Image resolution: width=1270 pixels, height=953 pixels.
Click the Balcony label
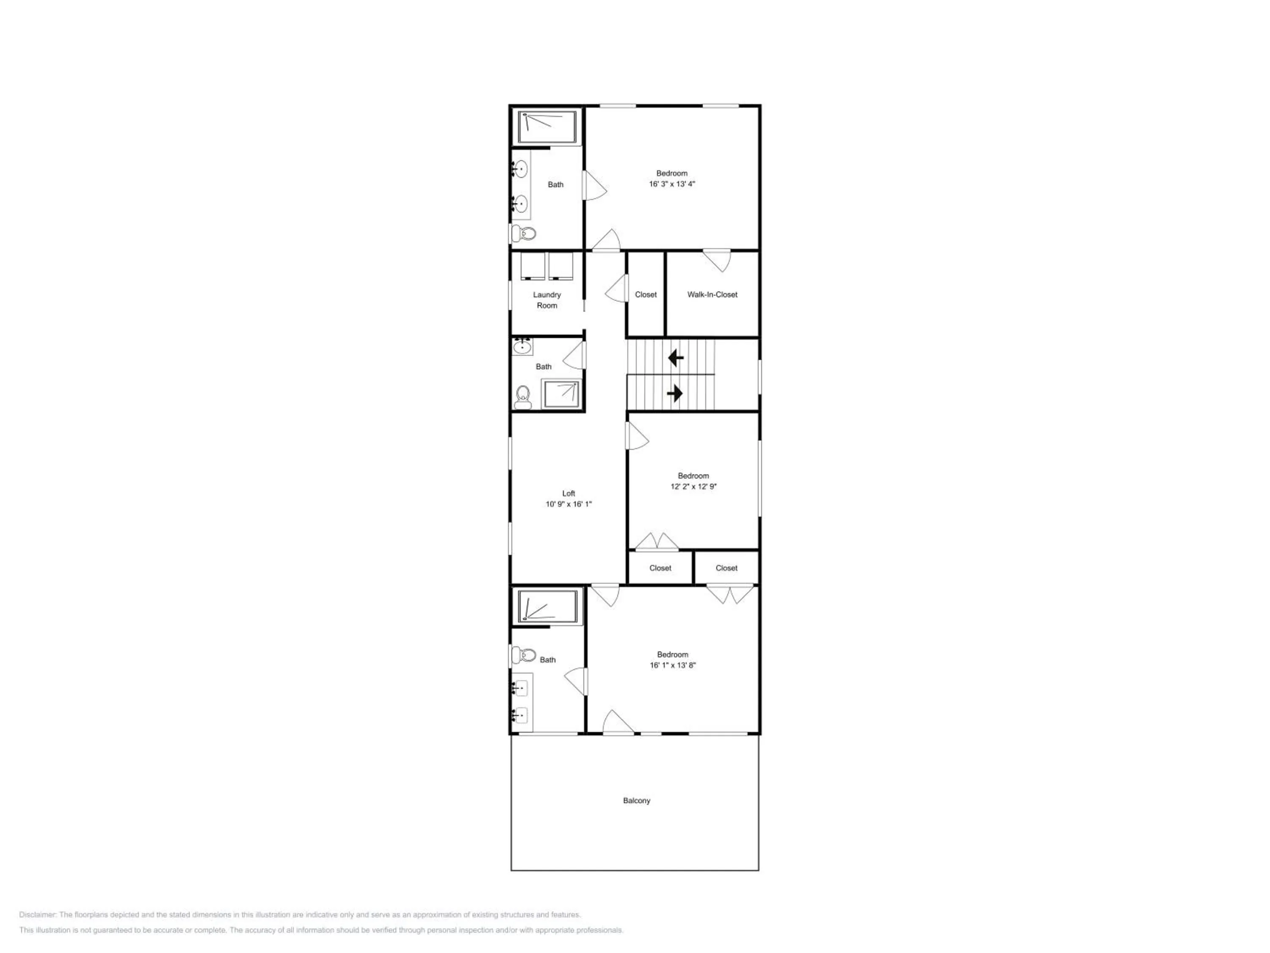coord(636,800)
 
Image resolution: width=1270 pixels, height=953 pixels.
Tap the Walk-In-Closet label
coord(712,294)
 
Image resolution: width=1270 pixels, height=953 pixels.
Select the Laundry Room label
coord(547,300)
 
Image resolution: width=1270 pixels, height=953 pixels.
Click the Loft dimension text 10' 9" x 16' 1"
coord(569,504)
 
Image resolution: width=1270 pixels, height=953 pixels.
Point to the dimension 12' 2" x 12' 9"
coord(693,486)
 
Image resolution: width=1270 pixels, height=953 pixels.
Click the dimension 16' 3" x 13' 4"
coord(672,184)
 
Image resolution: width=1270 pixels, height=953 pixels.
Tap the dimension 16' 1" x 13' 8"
coord(672,665)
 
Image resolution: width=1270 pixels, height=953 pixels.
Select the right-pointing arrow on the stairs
coord(675,393)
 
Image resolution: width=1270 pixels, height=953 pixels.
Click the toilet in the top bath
coord(523,233)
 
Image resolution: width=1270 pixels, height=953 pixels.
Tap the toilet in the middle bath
coord(522,397)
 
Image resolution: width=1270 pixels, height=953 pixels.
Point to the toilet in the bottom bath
coord(523,655)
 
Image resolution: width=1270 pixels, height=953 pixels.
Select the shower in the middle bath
coord(561,393)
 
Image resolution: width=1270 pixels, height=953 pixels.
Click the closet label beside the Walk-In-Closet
coord(645,294)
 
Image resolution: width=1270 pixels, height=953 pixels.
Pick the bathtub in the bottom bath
coord(548,607)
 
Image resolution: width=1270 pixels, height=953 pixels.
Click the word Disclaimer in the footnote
coord(37,914)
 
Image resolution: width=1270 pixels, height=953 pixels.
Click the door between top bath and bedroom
coord(594,185)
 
